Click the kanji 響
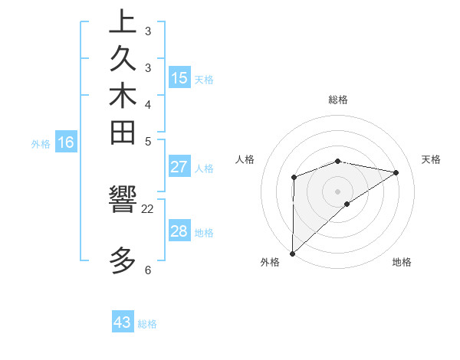[x=123, y=201]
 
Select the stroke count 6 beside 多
[x=147, y=270]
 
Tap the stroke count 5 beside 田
[x=147, y=141]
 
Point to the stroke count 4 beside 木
[x=147, y=104]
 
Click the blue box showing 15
[x=179, y=78]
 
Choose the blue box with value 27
[x=179, y=168]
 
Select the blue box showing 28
[x=179, y=231]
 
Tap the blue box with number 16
[x=66, y=142]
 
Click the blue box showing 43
[x=123, y=322]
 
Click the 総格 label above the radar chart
[x=338, y=100]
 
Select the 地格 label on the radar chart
[x=402, y=263]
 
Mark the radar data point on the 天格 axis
[x=396, y=172]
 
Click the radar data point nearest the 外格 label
[x=292, y=253]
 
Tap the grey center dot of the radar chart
[x=338, y=191]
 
